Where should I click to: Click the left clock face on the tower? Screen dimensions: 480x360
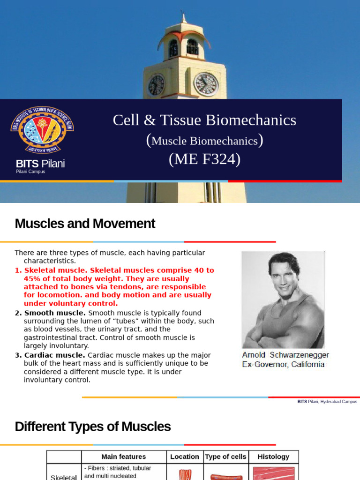(x=156, y=85)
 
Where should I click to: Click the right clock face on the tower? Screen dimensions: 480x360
(x=206, y=84)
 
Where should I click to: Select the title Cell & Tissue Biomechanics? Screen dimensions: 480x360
(x=204, y=120)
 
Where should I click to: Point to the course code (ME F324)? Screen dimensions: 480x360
(x=204, y=160)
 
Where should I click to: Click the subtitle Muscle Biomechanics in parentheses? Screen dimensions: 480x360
(x=204, y=141)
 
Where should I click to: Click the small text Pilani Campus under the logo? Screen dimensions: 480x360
(x=30, y=172)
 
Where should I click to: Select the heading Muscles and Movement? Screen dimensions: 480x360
(x=85, y=224)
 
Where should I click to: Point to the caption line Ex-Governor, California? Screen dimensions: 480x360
(x=283, y=364)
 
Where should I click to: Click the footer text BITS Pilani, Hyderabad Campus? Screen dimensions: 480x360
(x=327, y=402)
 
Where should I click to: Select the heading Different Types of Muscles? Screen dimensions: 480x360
(x=93, y=427)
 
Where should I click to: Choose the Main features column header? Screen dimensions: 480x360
(x=124, y=457)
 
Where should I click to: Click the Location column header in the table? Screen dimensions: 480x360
(x=185, y=457)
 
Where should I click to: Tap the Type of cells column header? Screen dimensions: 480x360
(x=225, y=457)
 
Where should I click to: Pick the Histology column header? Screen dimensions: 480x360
(x=273, y=457)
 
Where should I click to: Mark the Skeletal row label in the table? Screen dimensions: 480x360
(x=64, y=476)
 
